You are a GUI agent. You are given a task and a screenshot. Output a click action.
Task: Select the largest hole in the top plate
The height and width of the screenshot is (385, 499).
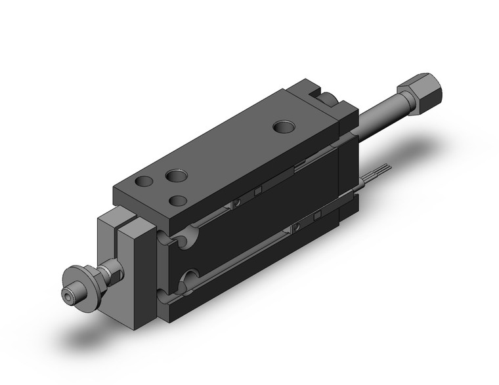175,176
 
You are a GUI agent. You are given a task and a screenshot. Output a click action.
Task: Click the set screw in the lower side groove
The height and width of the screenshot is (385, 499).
296,226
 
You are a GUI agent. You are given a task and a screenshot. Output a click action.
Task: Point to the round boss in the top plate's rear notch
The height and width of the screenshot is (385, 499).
330,100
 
